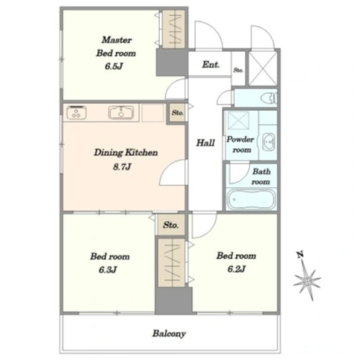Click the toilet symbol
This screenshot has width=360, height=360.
click(x=269, y=98)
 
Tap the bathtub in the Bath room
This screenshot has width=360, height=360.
click(x=251, y=199)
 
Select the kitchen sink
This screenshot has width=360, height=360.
click(x=121, y=112)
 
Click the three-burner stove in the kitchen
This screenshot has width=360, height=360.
click(x=76, y=112)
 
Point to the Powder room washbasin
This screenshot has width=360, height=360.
click(x=269, y=142)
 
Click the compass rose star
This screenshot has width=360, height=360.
click(x=307, y=280)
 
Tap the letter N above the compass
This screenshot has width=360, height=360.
click(x=300, y=254)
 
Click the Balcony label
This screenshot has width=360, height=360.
click(x=169, y=333)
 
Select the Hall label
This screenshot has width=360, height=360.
click(x=205, y=143)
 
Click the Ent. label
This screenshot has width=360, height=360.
click(x=211, y=64)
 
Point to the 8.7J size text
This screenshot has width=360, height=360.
click(x=122, y=166)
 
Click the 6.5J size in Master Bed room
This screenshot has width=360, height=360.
click(x=114, y=66)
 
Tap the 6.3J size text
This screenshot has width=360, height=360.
click(x=108, y=270)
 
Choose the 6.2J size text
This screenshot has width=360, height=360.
click(x=236, y=269)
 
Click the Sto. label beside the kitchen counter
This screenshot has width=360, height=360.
click(x=178, y=112)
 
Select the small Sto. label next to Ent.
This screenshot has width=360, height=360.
click(x=238, y=70)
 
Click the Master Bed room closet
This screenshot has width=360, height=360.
click(x=174, y=29)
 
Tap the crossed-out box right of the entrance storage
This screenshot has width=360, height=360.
click(x=263, y=68)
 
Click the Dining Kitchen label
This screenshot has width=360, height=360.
click(x=126, y=153)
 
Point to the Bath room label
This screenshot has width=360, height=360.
click(x=261, y=176)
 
